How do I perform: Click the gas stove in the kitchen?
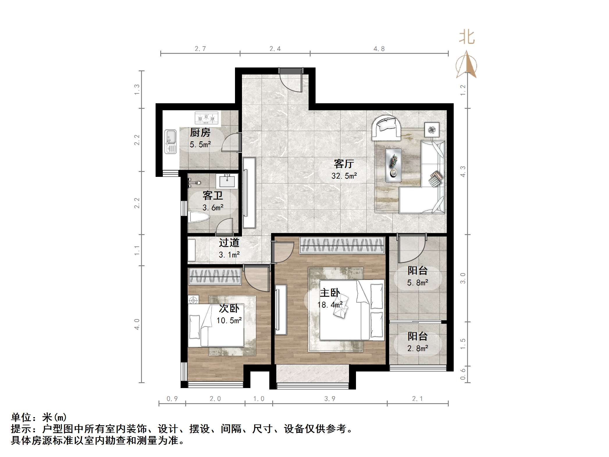206,118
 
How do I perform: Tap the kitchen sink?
170,141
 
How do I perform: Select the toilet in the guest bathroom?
199,217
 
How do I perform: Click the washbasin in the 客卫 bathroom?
227,181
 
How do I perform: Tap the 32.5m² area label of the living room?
344,176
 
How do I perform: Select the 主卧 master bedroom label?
330,293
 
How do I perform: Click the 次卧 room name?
229,308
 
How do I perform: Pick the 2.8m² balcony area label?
418,348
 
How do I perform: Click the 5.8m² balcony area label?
418,282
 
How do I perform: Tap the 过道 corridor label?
229,243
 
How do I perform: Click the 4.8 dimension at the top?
379,49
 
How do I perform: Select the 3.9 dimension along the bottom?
330,399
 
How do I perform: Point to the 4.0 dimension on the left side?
137,324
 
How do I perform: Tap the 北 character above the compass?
467,38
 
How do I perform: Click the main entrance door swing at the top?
291,82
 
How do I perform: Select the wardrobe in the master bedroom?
342,245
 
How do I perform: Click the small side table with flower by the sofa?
432,129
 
